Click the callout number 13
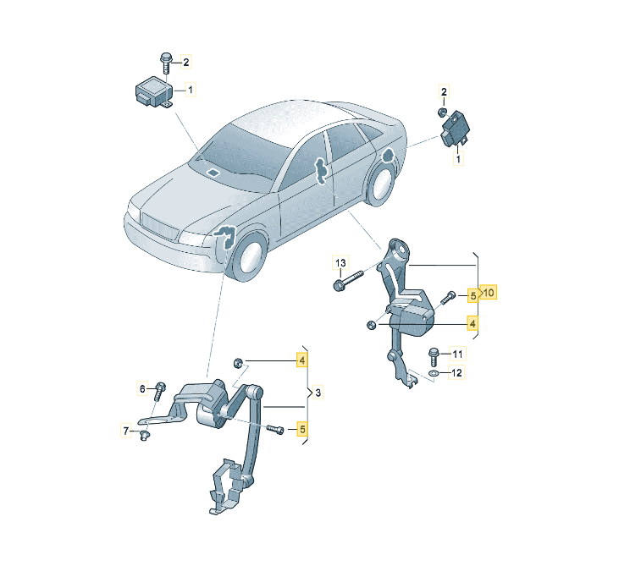click(340, 263)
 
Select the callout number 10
click(489, 293)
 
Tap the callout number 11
click(457, 354)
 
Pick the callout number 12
click(456, 372)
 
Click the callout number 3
click(318, 393)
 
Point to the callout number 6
click(142, 388)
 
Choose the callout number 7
click(126, 431)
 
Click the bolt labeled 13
click(348, 281)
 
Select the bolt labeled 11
click(434, 357)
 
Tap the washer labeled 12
click(434, 373)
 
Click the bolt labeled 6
click(159, 391)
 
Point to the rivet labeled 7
click(143, 436)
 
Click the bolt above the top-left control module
click(166, 63)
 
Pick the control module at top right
click(455, 129)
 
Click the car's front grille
click(158, 225)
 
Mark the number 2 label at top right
click(444, 91)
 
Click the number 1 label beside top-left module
click(190, 89)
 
